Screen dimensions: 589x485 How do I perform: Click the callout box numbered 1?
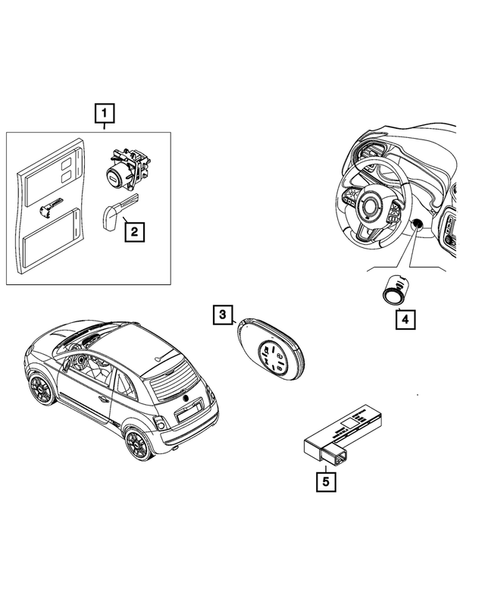[104, 113]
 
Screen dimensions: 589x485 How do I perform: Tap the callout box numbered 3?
[221, 316]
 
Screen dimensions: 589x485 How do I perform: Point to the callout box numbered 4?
[404, 320]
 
